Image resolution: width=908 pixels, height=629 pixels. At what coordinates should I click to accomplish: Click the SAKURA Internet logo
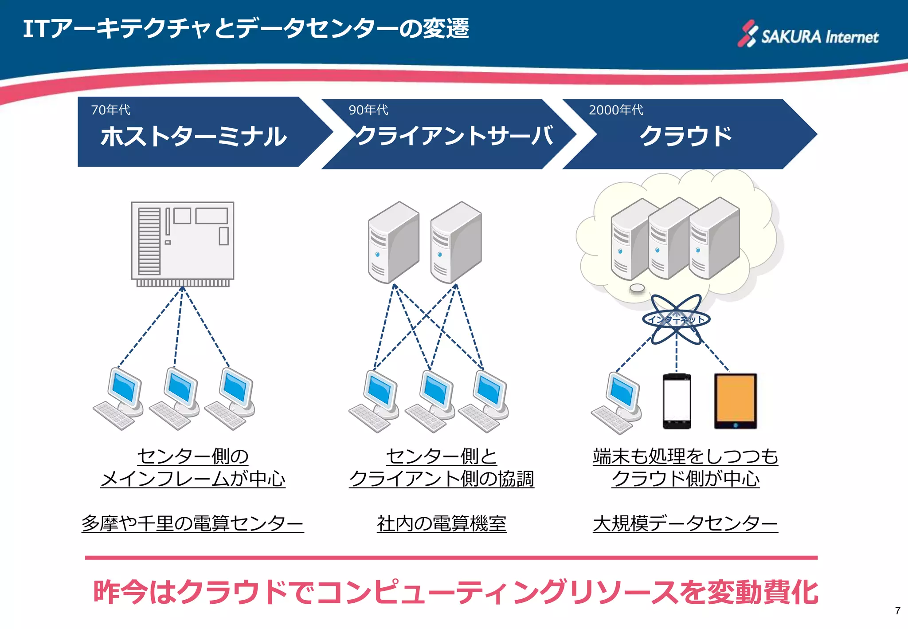point(808,35)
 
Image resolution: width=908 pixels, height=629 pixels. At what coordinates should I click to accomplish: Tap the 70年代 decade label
point(110,110)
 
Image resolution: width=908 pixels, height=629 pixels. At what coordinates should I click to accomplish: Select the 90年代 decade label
point(368,110)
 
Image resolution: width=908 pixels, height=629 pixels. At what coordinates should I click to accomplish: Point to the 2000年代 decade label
point(616,110)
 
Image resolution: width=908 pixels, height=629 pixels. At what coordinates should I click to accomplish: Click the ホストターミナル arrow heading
point(194,136)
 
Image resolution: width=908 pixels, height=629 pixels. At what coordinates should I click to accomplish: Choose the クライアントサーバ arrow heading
point(454,136)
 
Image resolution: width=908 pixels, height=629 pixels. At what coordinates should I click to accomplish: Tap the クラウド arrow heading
point(685,136)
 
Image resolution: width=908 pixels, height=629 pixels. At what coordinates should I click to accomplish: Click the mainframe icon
point(182,244)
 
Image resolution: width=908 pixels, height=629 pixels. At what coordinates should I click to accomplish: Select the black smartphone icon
point(676,401)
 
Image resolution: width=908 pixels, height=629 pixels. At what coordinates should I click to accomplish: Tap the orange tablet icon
point(735,401)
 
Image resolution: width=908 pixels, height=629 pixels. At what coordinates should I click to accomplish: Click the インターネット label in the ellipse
point(676,319)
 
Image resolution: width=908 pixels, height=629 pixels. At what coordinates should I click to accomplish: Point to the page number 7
point(897,611)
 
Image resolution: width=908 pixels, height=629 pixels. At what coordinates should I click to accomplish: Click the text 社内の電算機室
point(442,523)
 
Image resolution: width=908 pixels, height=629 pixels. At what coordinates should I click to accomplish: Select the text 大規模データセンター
point(685,523)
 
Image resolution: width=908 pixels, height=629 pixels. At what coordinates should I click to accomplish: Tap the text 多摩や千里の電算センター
point(192,523)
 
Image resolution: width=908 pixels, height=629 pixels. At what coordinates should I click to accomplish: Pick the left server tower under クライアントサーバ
point(393,242)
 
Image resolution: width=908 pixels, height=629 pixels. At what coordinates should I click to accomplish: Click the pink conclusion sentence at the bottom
point(455,592)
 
